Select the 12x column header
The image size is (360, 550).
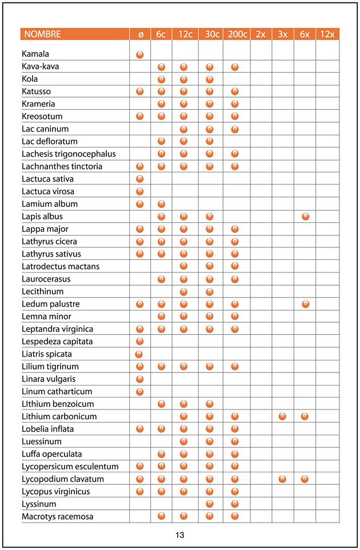point(327,34)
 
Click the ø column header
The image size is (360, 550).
point(140,34)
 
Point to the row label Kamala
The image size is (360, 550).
point(35,54)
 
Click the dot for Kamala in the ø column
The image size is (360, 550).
point(140,54)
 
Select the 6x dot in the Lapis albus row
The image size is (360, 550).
point(305,216)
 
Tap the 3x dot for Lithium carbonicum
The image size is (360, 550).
point(282,416)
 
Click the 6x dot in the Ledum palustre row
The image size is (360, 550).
point(305,304)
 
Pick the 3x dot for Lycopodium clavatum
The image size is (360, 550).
point(282,479)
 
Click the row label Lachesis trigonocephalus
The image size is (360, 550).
point(69,154)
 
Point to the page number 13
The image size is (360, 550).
point(180,535)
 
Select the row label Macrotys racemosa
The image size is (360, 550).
point(58,516)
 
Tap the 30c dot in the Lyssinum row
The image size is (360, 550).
point(210,504)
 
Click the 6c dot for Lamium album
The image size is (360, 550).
point(162,204)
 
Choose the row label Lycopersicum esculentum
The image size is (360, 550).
point(70,467)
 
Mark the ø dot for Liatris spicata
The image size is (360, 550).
point(139,354)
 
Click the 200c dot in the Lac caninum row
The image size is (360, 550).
point(235,129)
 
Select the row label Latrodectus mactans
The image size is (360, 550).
point(61,266)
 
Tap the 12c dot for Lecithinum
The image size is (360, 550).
point(184,291)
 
